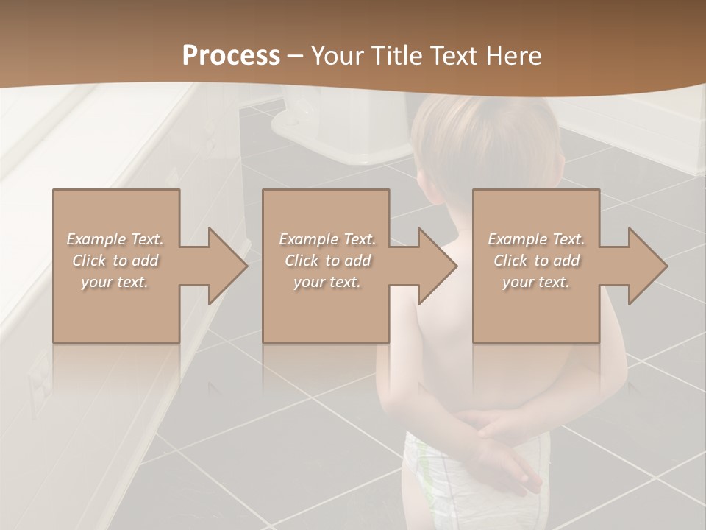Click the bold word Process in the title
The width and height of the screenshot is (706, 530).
231,56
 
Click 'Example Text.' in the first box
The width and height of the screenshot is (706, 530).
115,239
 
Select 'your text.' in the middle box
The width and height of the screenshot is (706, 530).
327,282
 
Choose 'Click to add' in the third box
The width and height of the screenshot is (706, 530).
536,261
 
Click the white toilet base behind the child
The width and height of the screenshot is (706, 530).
346,132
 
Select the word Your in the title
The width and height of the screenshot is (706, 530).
335,56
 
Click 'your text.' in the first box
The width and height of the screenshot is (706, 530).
115,282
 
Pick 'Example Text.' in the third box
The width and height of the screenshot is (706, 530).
536,239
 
